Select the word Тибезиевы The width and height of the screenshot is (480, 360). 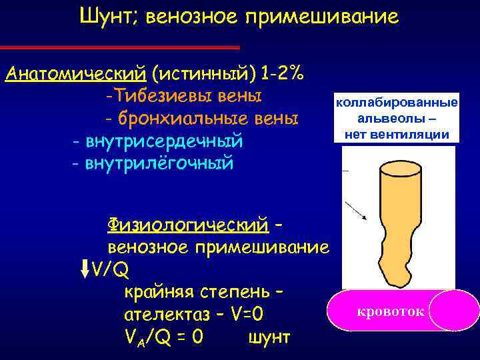159,96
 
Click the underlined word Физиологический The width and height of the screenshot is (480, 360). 187,224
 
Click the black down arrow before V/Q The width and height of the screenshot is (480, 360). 84,267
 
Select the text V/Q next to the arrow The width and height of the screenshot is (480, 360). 111,269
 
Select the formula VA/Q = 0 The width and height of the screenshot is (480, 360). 163,337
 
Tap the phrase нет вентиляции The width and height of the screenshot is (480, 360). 397,134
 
